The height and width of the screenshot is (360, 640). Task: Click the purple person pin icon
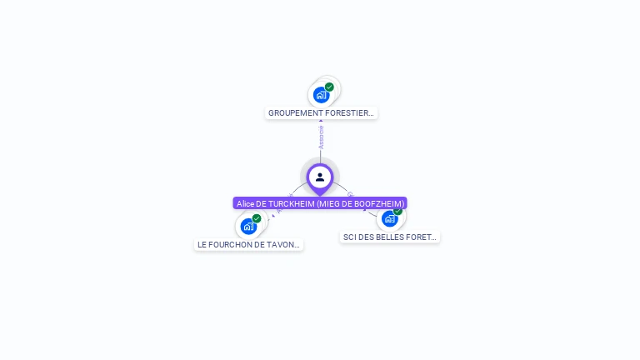320,177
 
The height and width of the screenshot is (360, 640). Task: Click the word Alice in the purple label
245,203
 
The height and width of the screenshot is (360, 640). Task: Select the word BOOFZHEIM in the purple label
382,203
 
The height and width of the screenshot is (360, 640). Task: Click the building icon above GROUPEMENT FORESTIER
322,95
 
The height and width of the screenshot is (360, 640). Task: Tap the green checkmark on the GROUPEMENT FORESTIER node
329,87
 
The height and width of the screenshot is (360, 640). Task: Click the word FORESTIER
349,112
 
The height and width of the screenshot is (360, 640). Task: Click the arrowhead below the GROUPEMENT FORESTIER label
321,122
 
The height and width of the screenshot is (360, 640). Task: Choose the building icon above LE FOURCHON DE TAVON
248,226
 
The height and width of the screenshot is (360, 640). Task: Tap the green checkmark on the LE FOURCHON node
257,218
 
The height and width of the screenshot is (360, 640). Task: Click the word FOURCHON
234,245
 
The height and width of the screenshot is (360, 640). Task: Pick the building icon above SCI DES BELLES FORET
389,219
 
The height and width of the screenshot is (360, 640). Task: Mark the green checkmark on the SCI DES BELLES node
397,211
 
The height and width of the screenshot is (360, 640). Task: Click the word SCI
350,237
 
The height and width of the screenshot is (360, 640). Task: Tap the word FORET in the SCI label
422,237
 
